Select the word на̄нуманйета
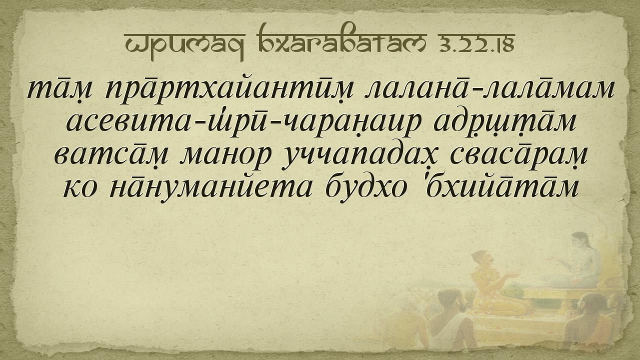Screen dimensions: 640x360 [210, 189]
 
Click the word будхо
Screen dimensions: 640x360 [366, 189]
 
